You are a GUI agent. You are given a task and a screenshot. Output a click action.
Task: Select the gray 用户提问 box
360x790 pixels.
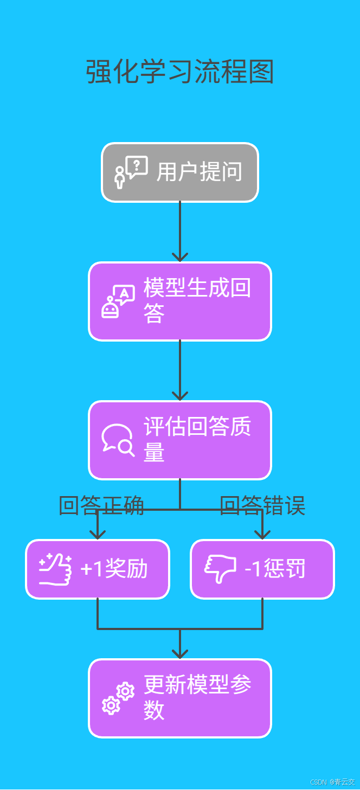pos(180,172)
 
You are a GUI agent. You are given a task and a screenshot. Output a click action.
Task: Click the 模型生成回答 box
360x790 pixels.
pos(180,301)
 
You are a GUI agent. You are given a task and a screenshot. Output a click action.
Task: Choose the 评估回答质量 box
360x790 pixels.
pos(180,440)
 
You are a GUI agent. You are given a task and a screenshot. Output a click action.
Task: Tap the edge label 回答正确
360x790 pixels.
pos(101,506)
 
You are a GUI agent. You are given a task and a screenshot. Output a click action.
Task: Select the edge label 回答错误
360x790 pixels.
pos(262,506)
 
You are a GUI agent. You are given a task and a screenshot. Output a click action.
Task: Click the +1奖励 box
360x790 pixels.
pos(98,569)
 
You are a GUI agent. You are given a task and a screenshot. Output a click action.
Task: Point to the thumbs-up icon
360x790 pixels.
pos(55,569)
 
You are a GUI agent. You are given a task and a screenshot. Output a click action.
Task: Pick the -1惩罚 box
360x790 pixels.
pos(262,569)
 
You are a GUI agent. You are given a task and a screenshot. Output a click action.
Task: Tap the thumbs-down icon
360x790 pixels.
pos(220,569)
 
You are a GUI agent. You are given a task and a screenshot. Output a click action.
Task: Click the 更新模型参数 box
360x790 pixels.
pos(180,698)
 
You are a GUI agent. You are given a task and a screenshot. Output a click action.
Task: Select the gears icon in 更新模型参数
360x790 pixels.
pos(118,698)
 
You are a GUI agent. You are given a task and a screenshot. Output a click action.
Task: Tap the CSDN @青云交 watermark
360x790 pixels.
pos(332,782)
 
